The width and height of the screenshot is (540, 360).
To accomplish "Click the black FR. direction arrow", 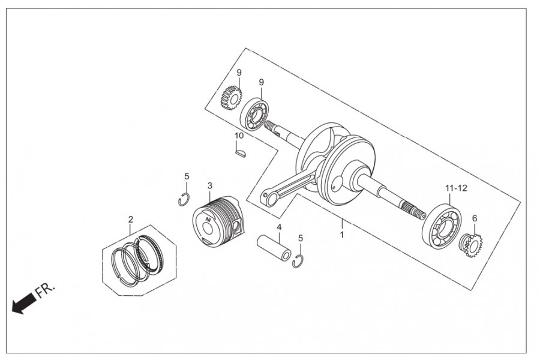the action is pos(23,302).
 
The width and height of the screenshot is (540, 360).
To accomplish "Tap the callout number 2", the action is pos(131,219).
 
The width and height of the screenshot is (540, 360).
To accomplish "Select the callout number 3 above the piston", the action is pos(210,185).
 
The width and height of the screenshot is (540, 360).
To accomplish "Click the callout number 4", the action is pos(279,227).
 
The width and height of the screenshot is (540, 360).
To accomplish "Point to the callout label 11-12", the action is pos(456,188).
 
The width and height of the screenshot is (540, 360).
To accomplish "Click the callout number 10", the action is pos(239,136).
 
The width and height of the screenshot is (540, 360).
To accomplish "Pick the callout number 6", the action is pos(475,218).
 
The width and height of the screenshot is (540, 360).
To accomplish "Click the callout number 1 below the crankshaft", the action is pos(342,235).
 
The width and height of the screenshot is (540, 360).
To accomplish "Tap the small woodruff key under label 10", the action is pos(241,153).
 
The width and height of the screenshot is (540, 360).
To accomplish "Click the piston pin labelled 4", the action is pos(274,247).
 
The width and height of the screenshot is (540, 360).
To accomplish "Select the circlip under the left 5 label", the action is pos(184,200).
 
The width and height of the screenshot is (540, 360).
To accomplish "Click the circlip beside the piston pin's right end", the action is pos(297,262).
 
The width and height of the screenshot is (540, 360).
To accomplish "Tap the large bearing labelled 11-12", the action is pos(442,227).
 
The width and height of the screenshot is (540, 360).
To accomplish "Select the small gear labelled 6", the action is pos(471,245).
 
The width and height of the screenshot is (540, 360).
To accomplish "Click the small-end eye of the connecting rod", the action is pos(269,198).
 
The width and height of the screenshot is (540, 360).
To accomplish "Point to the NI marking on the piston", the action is pos(208,220).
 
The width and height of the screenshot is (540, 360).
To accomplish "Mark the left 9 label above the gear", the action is pos(239,73).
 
